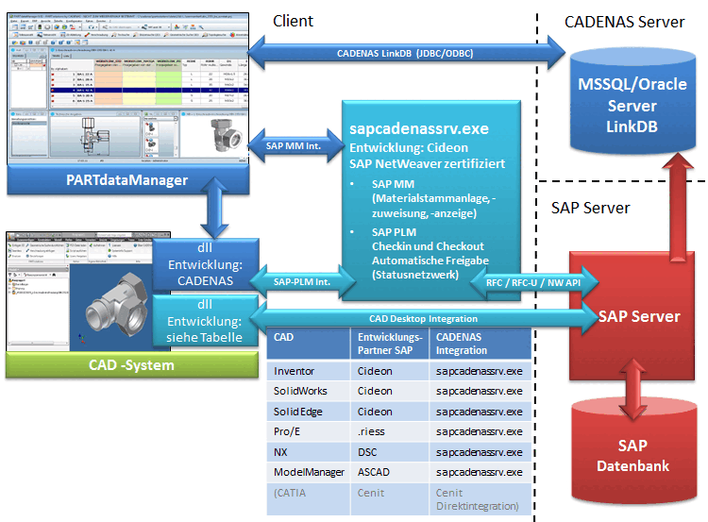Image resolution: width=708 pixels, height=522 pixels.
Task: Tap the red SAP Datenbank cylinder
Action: point(632,454)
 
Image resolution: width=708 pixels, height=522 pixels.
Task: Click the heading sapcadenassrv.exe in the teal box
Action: point(419,128)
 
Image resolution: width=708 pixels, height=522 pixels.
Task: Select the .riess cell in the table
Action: point(372,431)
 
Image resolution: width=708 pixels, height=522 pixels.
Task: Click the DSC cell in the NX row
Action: point(368,451)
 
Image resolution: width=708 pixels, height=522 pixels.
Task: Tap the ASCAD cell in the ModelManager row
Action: point(375,471)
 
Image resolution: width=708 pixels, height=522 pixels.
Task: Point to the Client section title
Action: point(293,21)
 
